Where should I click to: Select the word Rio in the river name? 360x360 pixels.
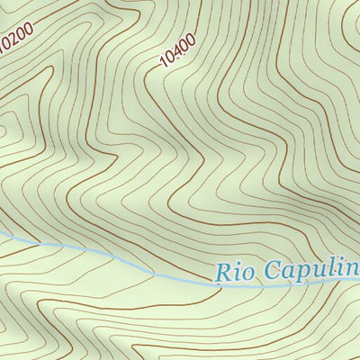236,271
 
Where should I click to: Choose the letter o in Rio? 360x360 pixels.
247,272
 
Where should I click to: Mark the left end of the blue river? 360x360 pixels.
2,236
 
